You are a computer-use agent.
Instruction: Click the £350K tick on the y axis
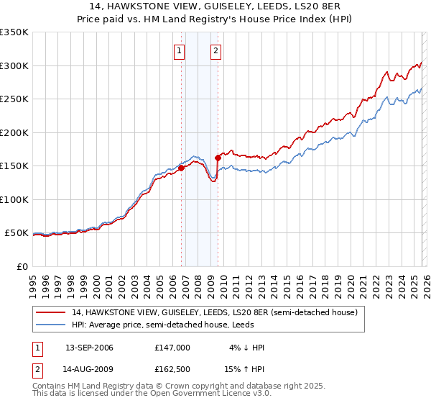coord(14,32)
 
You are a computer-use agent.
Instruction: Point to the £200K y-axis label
coord(14,132)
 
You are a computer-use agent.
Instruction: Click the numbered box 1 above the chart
coord(178,50)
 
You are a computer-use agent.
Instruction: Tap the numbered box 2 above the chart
coord(215,50)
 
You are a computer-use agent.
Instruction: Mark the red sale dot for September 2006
coord(181,168)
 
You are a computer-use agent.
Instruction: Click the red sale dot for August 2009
coord(218,158)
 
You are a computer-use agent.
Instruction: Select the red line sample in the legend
coord(52,312)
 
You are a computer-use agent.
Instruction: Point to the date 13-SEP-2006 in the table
coord(89,348)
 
